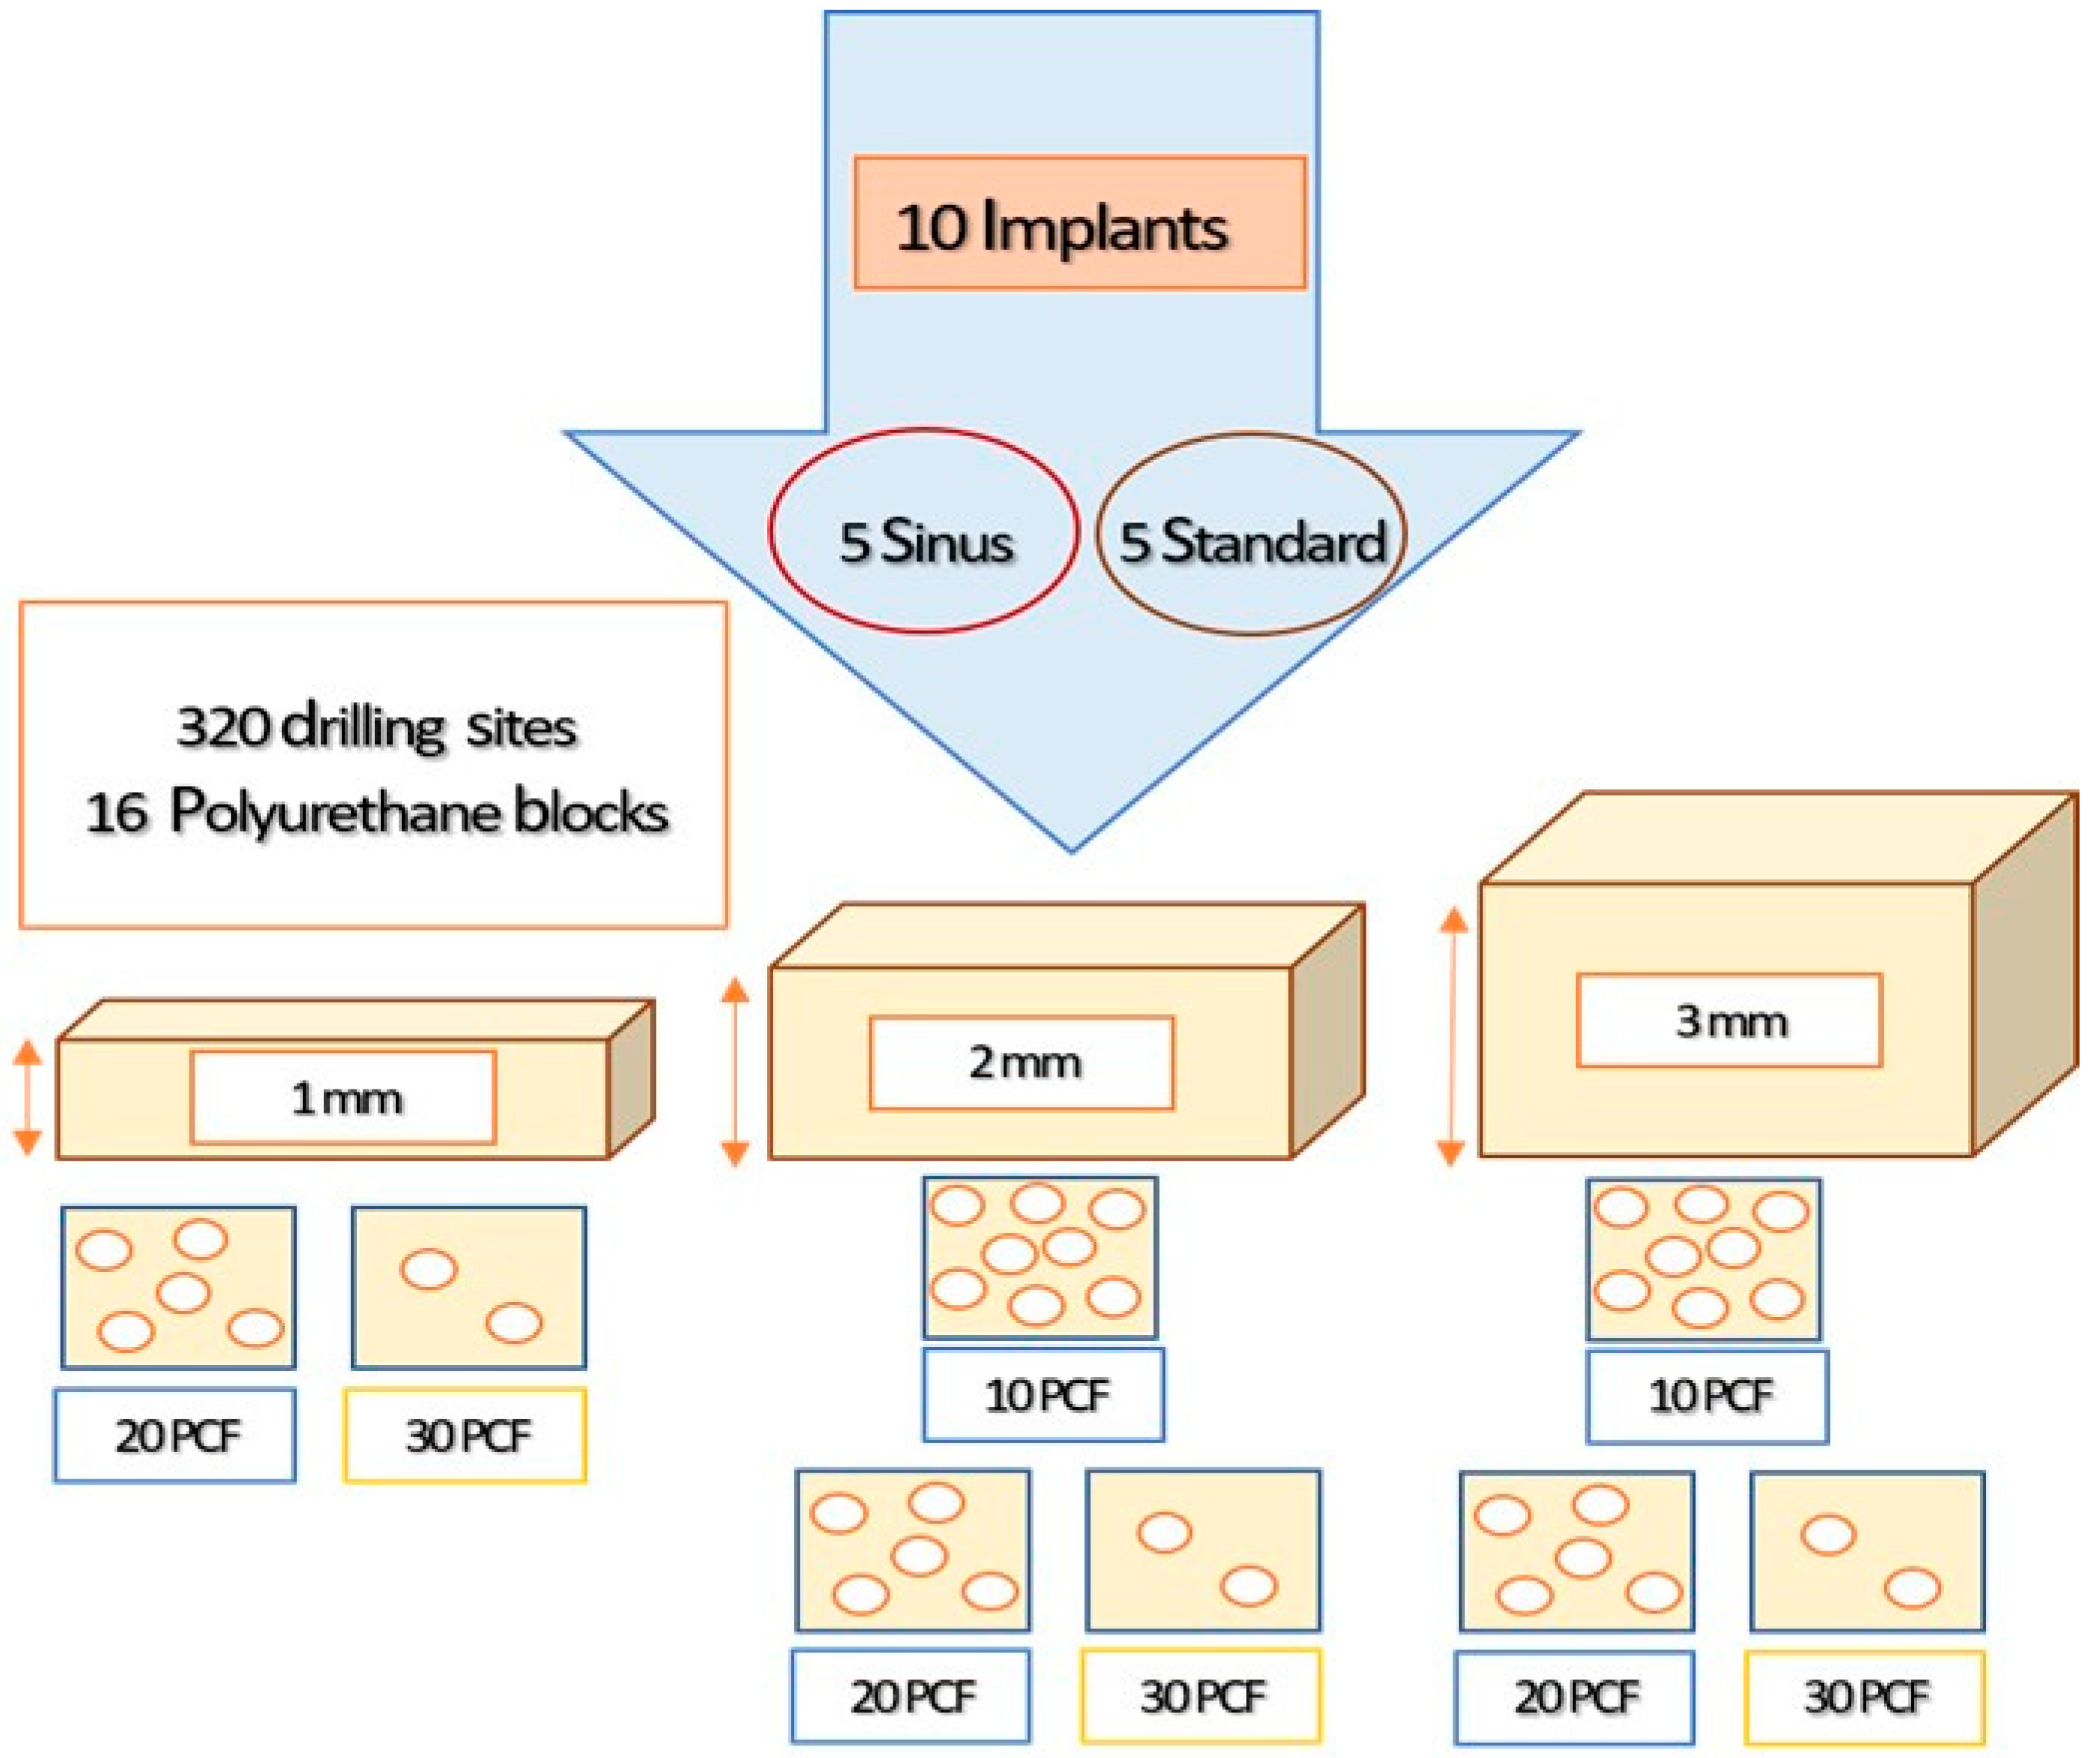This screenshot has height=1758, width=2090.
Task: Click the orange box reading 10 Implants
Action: (1079, 223)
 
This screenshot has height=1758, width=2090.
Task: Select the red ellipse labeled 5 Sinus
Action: (923, 531)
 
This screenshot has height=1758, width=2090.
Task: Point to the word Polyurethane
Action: (334, 813)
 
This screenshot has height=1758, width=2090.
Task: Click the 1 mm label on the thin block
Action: (343, 1098)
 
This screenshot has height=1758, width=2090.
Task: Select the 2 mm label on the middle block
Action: (1021, 1062)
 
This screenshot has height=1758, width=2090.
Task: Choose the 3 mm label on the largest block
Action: (1729, 1021)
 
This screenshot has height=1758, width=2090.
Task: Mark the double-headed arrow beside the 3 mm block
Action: (1453, 1035)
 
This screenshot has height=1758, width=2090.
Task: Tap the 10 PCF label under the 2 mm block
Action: (1043, 1395)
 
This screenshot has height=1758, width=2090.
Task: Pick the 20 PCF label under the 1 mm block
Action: (175, 1435)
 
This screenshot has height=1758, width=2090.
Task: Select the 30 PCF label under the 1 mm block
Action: (465, 1435)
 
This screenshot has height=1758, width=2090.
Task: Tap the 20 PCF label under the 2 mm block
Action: (911, 1696)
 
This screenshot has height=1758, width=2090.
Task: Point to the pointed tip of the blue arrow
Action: (1072, 847)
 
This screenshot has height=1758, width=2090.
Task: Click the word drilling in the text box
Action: (363, 729)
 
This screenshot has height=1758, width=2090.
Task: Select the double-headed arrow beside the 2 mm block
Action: (734, 1071)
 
